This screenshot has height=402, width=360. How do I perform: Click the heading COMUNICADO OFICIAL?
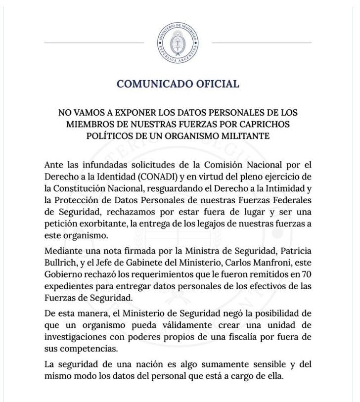tap(178, 84)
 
